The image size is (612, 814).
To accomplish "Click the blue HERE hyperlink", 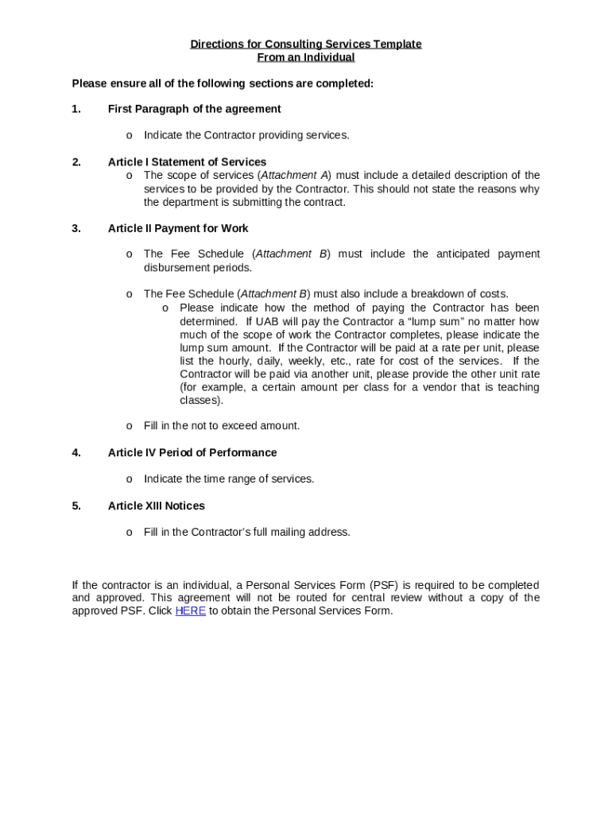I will click(190, 611).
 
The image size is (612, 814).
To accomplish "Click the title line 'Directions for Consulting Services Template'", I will click(306, 45).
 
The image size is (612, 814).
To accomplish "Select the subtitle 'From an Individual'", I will click(306, 57).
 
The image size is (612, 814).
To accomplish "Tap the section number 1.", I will click(76, 109).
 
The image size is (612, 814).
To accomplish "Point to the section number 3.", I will click(76, 228).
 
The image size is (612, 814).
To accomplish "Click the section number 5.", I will click(76, 506).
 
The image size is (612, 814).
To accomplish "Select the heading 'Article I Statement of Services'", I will click(187, 162).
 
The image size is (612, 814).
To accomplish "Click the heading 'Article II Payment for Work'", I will click(178, 228).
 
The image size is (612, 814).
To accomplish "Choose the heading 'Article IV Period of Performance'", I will click(192, 452).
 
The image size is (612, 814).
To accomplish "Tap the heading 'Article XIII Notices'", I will click(156, 506).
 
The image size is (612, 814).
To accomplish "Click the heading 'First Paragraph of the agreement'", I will click(194, 109).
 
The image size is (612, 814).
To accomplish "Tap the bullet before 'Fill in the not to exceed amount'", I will click(130, 426).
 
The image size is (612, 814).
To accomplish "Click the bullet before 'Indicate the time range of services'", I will click(130, 479).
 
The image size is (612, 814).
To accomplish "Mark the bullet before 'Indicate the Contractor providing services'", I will click(130, 136).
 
